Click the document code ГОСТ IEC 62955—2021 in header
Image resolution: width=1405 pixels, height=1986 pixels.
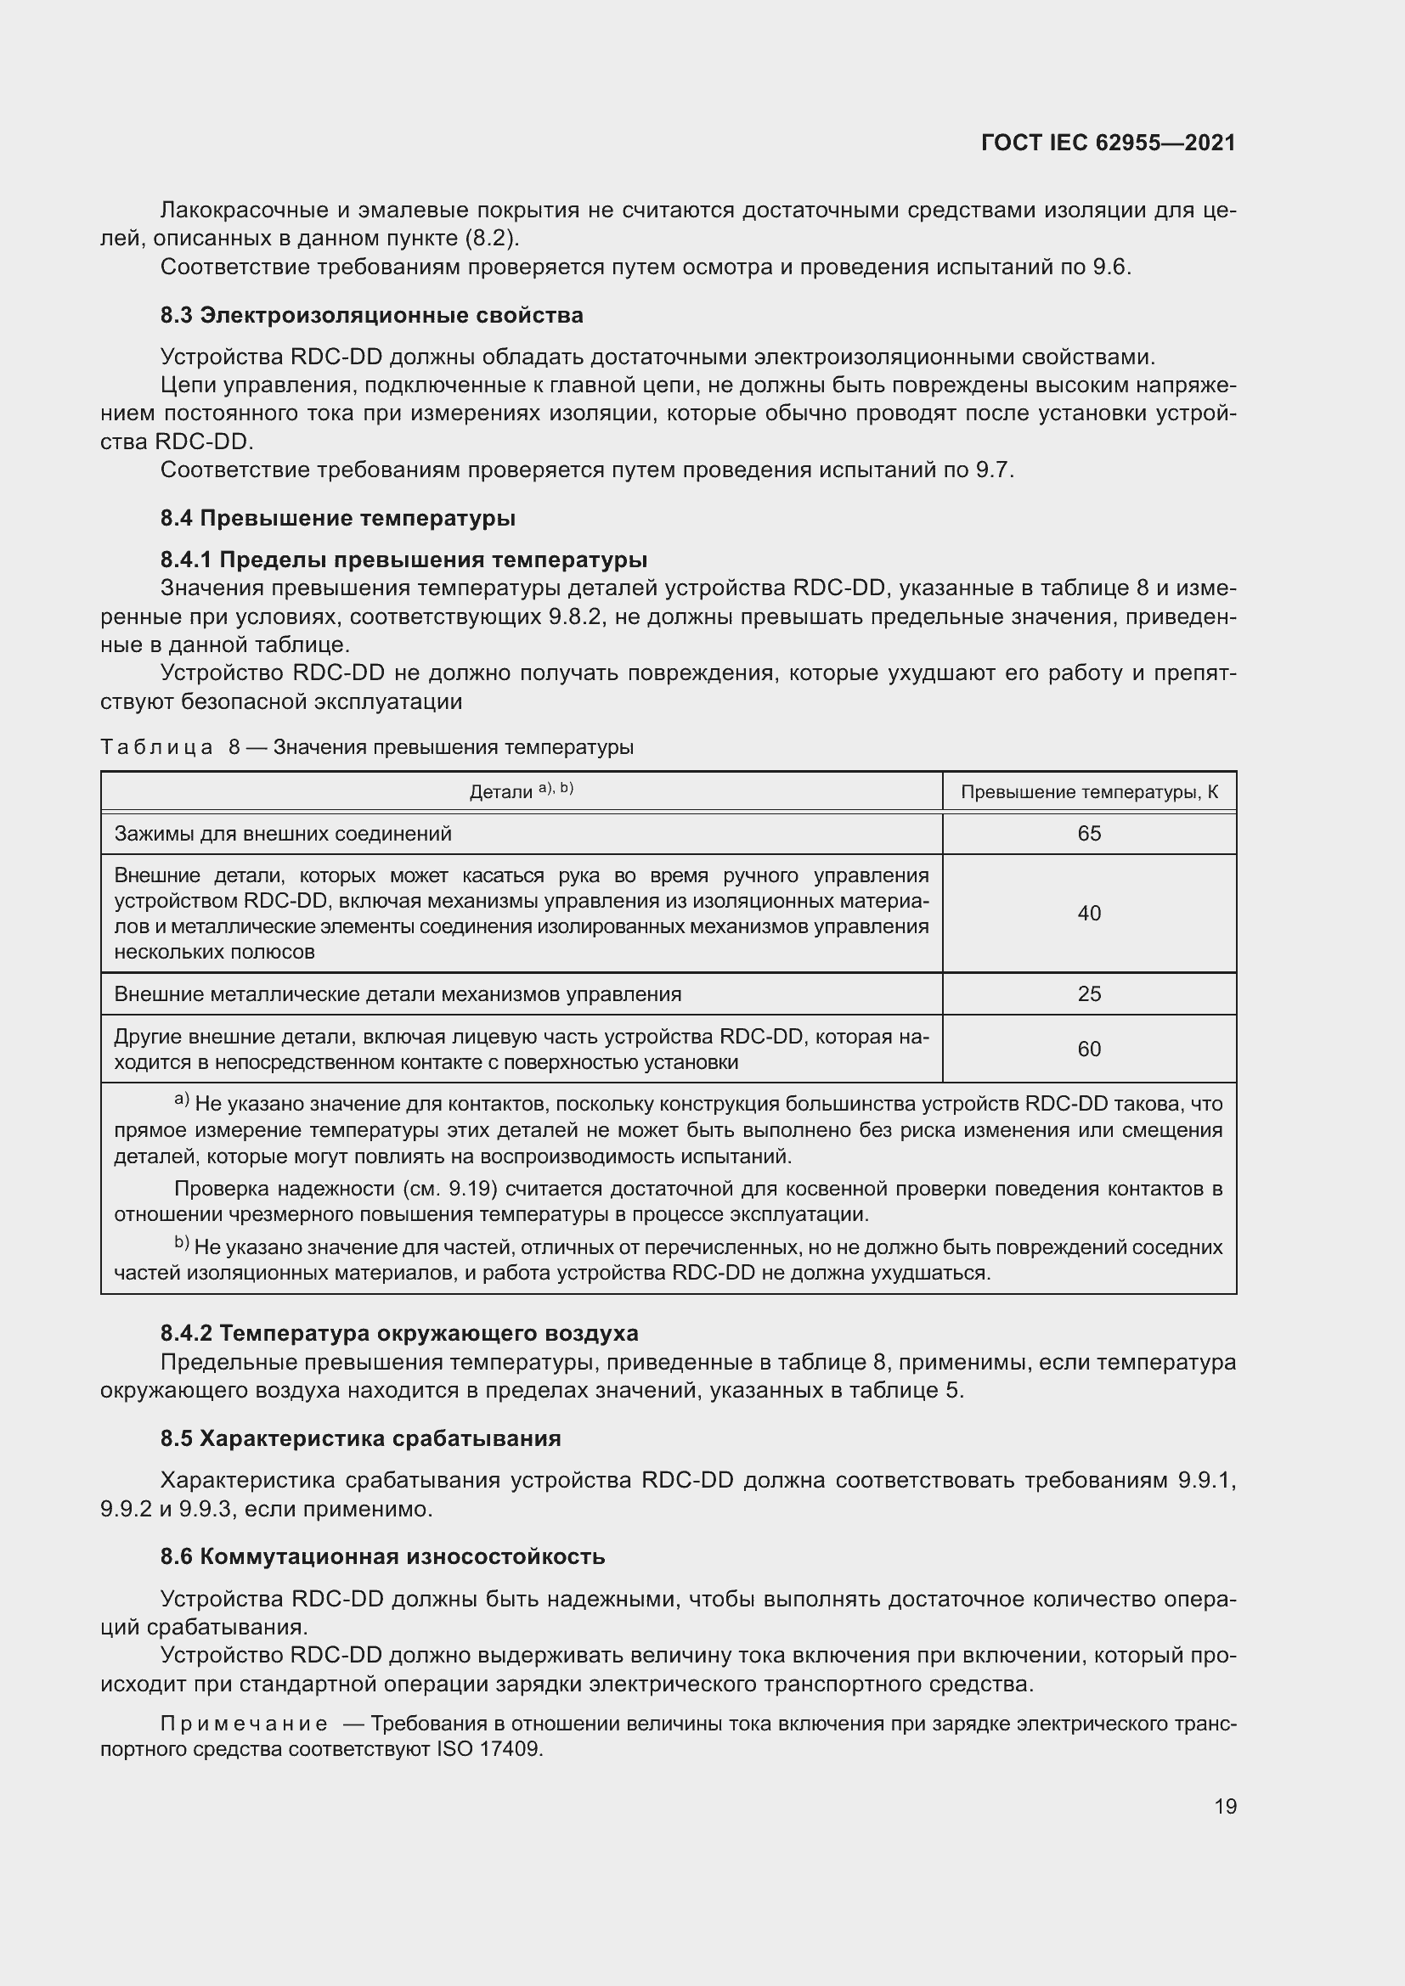coord(1109,143)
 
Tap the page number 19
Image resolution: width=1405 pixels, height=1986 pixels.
coord(1225,1806)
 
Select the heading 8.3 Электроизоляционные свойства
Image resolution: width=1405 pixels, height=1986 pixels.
coord(371,316)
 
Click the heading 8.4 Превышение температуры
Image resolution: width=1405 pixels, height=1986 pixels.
coord(337,518)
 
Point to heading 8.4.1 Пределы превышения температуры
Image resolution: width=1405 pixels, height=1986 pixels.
coord(403,560)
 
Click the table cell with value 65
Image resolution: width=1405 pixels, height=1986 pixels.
coord(1088,834)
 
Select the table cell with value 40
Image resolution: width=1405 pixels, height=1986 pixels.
coord(1088,914)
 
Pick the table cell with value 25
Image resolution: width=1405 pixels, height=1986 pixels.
coord(1088,994)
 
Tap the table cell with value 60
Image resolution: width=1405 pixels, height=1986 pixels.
coord(1088,1049)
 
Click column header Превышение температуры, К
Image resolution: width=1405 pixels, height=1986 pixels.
coord(1089,792)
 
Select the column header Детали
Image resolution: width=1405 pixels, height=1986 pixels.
coord(501,792)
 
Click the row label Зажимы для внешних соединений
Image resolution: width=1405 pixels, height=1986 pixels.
coord(283,834)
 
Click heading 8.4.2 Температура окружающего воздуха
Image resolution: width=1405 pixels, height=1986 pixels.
coord(399,1333)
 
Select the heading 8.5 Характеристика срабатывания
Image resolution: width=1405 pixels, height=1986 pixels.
coord(360,1438)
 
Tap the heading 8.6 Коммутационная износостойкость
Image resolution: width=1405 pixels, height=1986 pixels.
coord(382,1557)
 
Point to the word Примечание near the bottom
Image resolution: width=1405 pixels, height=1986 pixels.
coord(244,1724)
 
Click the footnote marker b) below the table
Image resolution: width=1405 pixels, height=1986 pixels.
coord(182,1244)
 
